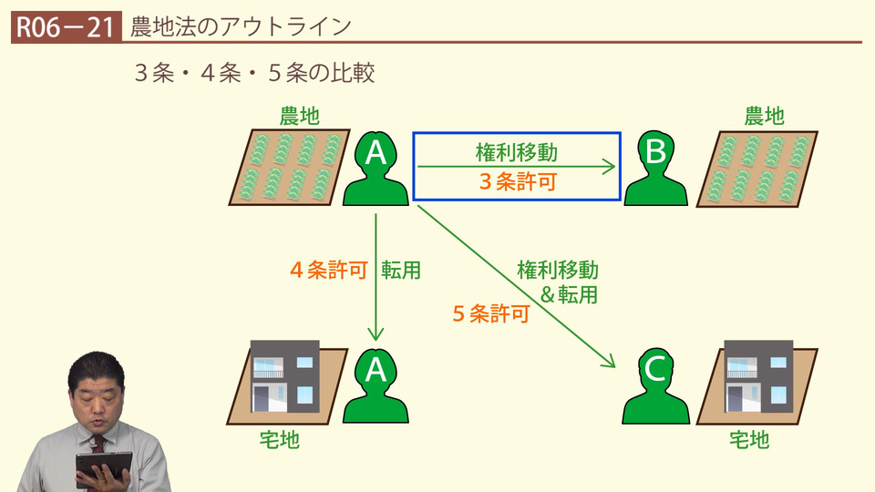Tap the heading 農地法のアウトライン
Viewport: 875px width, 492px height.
pyautogui.click(x=241, y=26)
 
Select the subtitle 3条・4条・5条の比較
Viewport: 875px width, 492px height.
pyautogui.click(x=254, y=74)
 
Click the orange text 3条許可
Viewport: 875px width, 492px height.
pyautogui.click(x=518, y=181)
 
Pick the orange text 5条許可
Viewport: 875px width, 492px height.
pyautogui.click(x=491, y=314)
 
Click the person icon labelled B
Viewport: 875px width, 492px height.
pyautogui.click(x=655, y=169)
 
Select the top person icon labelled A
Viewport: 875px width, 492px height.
pyautogui.click(x=376, y=169)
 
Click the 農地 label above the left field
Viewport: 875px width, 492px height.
pyautogui.click(x=300, y=116)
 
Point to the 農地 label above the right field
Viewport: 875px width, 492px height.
pyautogui.click(x=765, y=116)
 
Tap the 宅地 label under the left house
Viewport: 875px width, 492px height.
pyautogui.click(x=279, y=440)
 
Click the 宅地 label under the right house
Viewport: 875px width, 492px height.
pyautogui.click(x=749, y=440)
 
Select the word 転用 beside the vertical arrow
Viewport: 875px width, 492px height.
pyautogui.click(x=401, y=271)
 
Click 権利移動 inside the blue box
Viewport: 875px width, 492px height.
pyautogui.click(x=516, y=152)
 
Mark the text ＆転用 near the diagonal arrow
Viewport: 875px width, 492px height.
pyautogui.click(x=569, y=293)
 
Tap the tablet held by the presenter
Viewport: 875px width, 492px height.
pyautogui.click(x=102, y=466)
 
